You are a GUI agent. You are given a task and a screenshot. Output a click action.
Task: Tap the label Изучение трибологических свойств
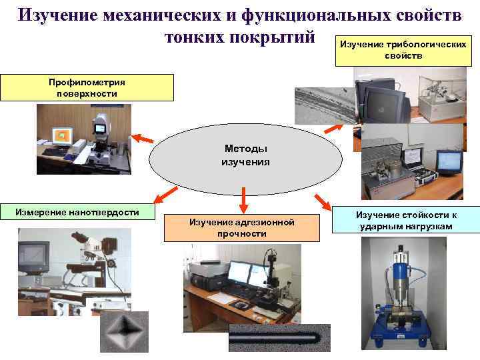pyautogui.click(x=403, y=50)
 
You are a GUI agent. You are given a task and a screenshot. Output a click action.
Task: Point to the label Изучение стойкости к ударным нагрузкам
pyautogui.click(x=406, y=221)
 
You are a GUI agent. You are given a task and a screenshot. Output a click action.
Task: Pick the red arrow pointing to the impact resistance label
pyautogui.click(x=324, y=200)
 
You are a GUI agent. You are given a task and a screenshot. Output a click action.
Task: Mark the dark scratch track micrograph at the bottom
pyautogui.click(x=279, y=337)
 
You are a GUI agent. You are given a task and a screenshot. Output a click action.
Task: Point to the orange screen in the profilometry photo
pyautogui.click(x=62, y=136)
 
